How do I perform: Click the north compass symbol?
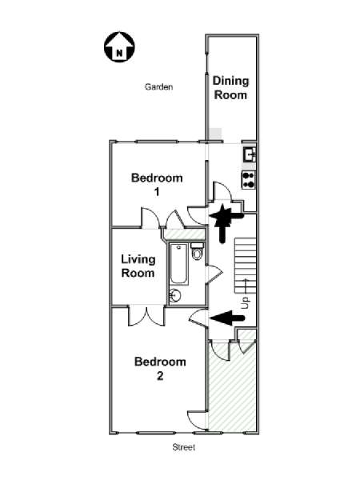tap(119, 47)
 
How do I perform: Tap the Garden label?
tap(158, 87)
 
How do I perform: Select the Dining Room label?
tap(230, 88)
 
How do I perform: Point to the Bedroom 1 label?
tap(157, 185)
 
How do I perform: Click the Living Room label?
tap(138, 266)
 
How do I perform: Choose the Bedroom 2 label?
tap(160, 369)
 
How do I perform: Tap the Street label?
tap(184, 447)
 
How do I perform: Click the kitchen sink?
tap(250, 154)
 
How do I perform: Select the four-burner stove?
tap(249, 180)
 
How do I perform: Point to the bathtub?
tap(178, 263)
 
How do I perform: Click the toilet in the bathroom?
tap(197, 251)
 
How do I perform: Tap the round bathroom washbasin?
tap(175, 296)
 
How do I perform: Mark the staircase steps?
tap(246, 266)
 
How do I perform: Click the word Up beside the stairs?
tap(246, 302)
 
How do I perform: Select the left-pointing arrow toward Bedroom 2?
tap(227, 318)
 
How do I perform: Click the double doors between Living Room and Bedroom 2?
tap(146, 317)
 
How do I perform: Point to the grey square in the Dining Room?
tap(215, 134)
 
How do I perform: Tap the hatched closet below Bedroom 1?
tap(183, 234)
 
